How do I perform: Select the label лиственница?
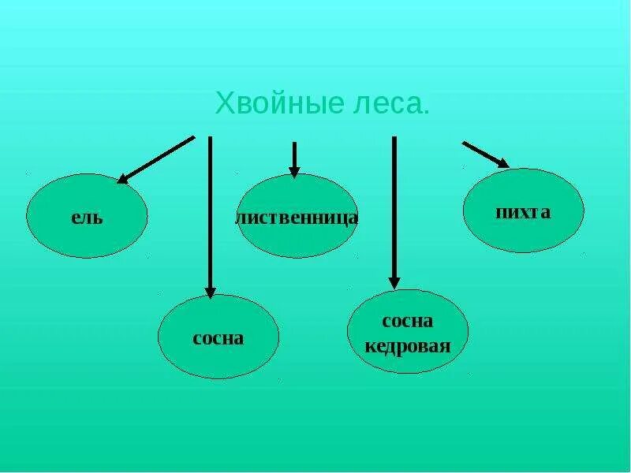297,217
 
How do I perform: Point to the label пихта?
523,212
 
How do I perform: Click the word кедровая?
408,345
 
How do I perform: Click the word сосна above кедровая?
408,322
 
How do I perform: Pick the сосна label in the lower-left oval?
218,338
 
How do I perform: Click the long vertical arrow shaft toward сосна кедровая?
394,205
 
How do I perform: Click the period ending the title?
427,112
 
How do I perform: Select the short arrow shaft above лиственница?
294,154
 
